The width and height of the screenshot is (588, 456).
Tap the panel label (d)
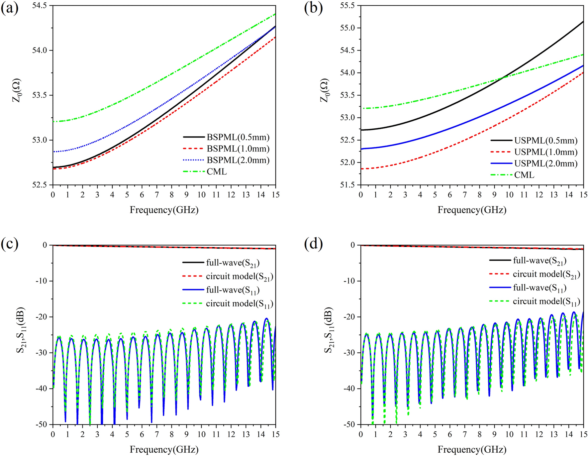click(x=313, y=244)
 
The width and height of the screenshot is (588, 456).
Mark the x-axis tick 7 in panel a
click(x=157, y=195)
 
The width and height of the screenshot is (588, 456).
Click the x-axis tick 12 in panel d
click(x=539, y=434)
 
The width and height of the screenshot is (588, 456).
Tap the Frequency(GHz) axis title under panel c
click(x=164, y=449)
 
